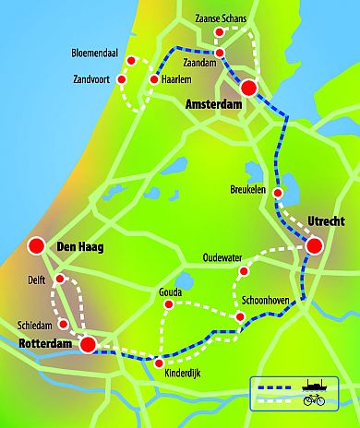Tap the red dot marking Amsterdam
pos(249,88)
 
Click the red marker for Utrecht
pos(315,245)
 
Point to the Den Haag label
pos(79,247)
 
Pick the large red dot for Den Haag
pos(36,246)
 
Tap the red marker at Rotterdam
pos(88,345)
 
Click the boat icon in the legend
pos(312,386)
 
